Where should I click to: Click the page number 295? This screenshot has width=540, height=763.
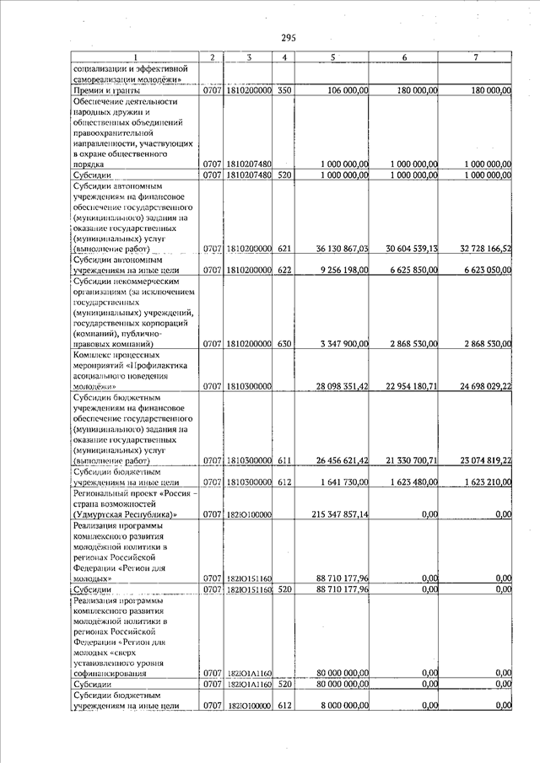pyautogui.click(x=289, y=37)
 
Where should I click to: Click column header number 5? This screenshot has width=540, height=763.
pyautogui.click(x=333, y=56)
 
